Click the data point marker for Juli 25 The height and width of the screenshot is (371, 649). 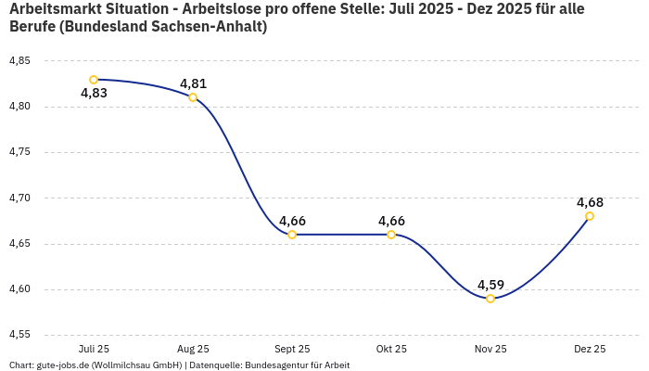pyautogui.click(x=94, y=80)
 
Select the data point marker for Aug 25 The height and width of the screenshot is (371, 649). pyautogui.click(x=193, y=97)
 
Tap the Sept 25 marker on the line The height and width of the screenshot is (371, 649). pyautogui.click(x=292, y=235)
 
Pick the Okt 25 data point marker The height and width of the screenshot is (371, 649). pyautogui.click(x=391, y=235)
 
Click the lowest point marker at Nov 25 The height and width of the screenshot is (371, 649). pyautogui.click(x=490, y=299)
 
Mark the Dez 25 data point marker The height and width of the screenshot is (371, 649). pyautogui.click(x=590, y=216)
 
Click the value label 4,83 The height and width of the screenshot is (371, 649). pyautogui.click(x=94, y=94)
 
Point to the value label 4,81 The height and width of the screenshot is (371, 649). pyautogui.click(x=193, y=83)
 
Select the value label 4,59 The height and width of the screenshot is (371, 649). pyautogui.click(x=490, y=285)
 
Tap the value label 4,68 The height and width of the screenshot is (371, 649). pyautogui.click(x=590, y=202)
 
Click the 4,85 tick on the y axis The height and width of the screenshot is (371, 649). pyautogui.click(x=19, y=61)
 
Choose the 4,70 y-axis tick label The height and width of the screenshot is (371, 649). pyautogui.click(x=19, y=198)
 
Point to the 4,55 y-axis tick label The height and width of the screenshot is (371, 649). pyautogui.click(x=19, y=335)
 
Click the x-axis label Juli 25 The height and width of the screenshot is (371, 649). pyautogui.click(x=94, y=350)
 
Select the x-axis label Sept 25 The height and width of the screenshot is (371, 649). pyautogui.click(x=292, y=350)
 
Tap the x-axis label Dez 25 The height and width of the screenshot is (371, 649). pyautogui.click(x=590, y=350)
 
